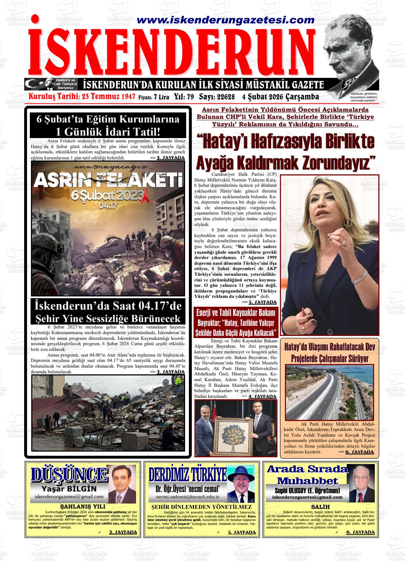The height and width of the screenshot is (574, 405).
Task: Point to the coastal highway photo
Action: coord(330,391)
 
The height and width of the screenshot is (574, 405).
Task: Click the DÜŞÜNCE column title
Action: coord(69,474)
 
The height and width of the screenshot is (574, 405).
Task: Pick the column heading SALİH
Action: coord(320,507)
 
